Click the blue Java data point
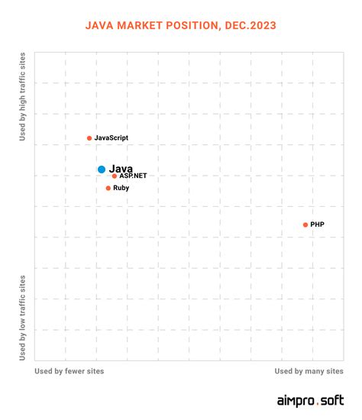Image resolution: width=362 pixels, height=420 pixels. pyautogui.click(x=102, y=169)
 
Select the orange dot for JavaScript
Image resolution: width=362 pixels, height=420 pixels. pyautogui.click(x=89, y=138)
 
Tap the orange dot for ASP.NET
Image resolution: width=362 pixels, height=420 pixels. pyautogui.click(x=115, y=176)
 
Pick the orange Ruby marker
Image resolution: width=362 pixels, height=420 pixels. pyautogui.click(x=108, y=188)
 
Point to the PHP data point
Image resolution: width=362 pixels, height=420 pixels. pyautogui.click(x=305, y=225)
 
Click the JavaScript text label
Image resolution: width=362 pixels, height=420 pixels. pyautogui.click(x=112, y=138)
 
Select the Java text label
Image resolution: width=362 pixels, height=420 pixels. pyautogui.click(x=121, y=168)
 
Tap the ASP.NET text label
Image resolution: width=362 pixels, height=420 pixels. pyautogui.click(x=133, y=176)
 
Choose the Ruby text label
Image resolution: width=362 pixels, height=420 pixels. pyautogui.click(x=121, y=188)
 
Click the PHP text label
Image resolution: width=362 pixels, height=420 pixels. pyautogui.click(x=318, y=225)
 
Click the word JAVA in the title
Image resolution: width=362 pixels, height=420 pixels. pyautogui.click(x=101, y=25)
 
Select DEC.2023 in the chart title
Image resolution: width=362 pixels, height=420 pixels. pyautogui.click(x=249, y=25)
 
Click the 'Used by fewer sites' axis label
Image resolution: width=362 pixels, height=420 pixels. pyautogui.click(x=69, y=370)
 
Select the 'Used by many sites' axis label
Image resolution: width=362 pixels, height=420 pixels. pyautogui.click(x=309, y=370)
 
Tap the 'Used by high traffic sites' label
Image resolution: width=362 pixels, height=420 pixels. pyautogui.click(x=23, y=97)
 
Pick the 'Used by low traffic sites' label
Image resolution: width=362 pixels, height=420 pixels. pyautogui.click(x=23, y=318)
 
